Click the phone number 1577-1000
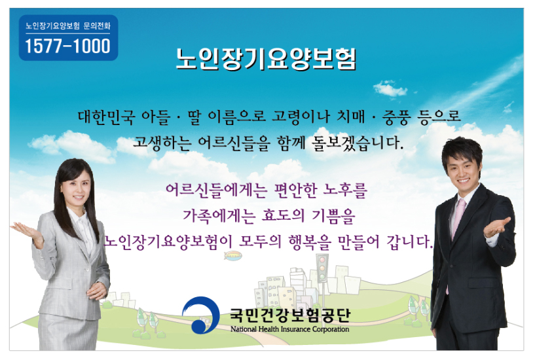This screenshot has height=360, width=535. pyautogui.click(x=68, y=46)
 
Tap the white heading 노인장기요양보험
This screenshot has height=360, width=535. pyautogui.click(x=266, y=59)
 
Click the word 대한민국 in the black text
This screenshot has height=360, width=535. pyautogui.click(x=107, y=117)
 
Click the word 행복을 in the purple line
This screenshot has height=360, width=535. pyautogui.click(x=310, y=242)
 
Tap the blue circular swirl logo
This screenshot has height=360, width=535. pyautogui.click(x=201, y=315)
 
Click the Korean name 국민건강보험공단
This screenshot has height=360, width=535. pyautogui.click(x=290, y=315)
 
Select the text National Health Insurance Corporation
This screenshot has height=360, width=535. pyautogui.click(x=289, y=329)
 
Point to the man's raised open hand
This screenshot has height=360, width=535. pyautogui.click(x=497, y=227)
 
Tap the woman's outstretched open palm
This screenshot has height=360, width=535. pyautogui.click(x=27, y=231)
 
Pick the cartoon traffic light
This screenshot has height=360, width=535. pyautogui.click(x=322, y=268)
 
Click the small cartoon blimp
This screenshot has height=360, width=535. pyautogui.click(x=233, y=255)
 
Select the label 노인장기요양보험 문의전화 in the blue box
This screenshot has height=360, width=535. pyautogui.click(x=68, y=26)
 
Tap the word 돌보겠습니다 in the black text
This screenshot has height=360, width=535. pyautogui.click(x=357, y=143)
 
